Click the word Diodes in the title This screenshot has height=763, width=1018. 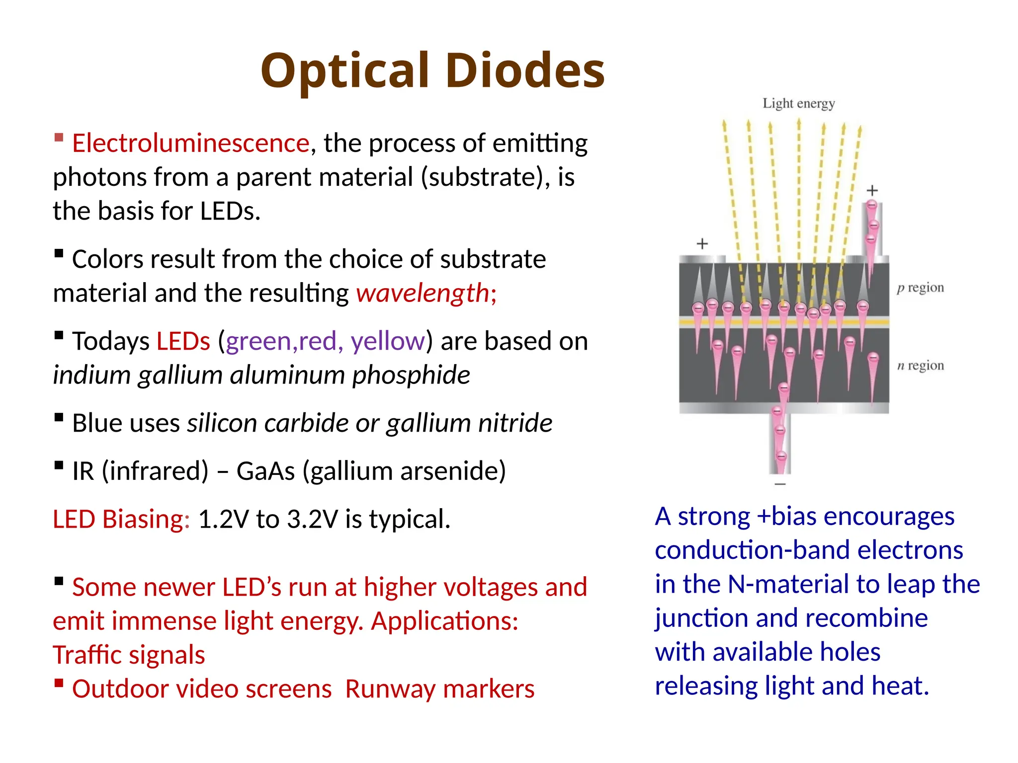coord(525,71)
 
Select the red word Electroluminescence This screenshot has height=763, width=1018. coord(191,144)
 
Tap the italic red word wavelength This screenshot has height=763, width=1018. coord(423,293)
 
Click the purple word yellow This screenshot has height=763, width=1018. coord(388,341)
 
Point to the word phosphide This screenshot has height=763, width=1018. coord(411,375)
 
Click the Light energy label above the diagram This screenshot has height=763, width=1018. coord(798,103)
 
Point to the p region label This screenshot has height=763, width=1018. coord(920,288)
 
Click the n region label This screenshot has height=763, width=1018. coord(920,366)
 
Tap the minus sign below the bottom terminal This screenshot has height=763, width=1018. coord(780,484)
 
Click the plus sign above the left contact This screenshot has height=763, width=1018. coord(702,244)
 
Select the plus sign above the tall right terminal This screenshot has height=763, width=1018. coord(872,190)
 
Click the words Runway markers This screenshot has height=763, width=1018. coord(439,689)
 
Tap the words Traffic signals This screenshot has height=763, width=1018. coord(129,655)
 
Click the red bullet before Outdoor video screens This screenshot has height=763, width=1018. coord(59,683)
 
